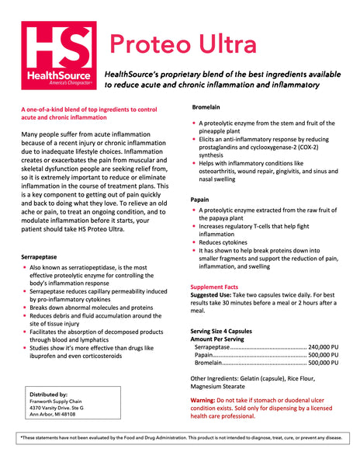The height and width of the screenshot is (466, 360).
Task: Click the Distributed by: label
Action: [x=48, y=394]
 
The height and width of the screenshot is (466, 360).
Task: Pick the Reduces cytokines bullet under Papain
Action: [x=229, y=242]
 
